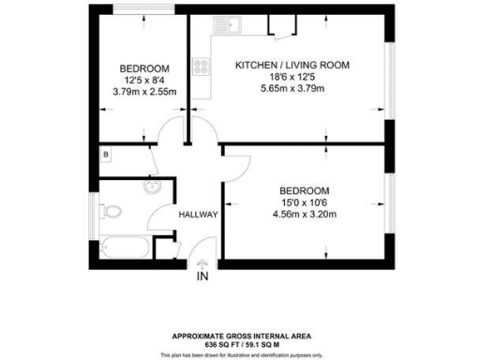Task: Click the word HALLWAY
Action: tap(198, 215)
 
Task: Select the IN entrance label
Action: tap(202, 277)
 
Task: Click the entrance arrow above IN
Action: tap(202, 263)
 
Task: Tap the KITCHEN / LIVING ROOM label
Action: tap(292, 65)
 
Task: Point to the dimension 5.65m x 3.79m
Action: tap(292, 89)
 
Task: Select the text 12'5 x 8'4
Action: tap(144, 80)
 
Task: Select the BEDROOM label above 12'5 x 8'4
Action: tap(144, 68)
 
